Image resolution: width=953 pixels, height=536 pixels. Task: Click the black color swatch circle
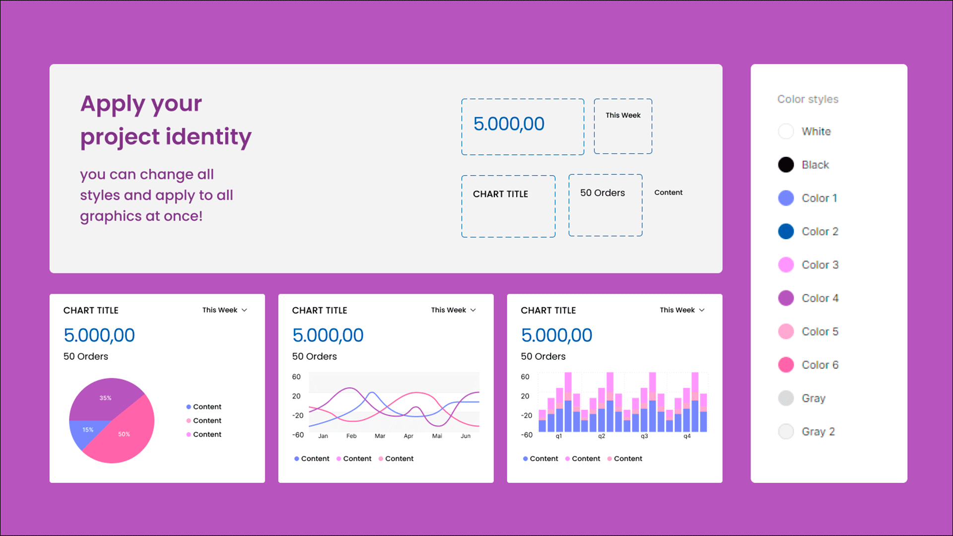pyautogui.click(x=786, y=165)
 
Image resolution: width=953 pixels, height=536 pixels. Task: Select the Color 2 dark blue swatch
pyautogui.click(x=786, y=231)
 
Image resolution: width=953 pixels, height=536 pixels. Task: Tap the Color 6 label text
pyautogui.click(x=820, y=365)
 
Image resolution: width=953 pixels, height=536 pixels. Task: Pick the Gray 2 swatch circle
pyautogui.click(x=786, y=431)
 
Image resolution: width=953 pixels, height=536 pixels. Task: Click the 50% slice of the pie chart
pyautogui.click(x=124, y=434)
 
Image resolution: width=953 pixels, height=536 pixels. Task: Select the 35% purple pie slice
pyautogui.click(x=105, y=398)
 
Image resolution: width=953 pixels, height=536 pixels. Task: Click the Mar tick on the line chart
pyautogui.click(x=380, y=436)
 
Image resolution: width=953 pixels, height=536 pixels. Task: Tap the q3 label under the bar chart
pyautogui.click(x=644, y=436)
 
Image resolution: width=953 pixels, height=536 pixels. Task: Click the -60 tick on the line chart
pyautogui.click(x=298, y=435)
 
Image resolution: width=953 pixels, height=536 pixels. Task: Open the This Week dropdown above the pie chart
pyautogui.click(x=224, y=310)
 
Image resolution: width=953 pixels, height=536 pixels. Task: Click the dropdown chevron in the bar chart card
pyautogui.click(x=702, y=310)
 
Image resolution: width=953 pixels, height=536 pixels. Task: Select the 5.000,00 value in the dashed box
pyautogui.click(x=509, y=124)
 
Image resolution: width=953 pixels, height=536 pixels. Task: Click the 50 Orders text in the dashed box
pyautogui.click(x=603, y=193)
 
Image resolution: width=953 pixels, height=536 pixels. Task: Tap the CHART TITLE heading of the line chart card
pyautogui.click(x=320, y=311)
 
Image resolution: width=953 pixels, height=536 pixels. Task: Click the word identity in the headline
pyautogui.click(x=208, y=137)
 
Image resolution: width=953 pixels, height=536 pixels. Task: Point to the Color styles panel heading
pyautogui.click(x=808, y=99)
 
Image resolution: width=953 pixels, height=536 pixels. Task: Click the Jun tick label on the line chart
pyautogui.click(x=466, y=436)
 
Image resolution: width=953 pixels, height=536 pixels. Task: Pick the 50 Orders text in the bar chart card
pyautogui.click(x=543, y=356)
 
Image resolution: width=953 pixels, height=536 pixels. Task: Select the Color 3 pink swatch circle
pyautogui.click(x=786, y=265)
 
